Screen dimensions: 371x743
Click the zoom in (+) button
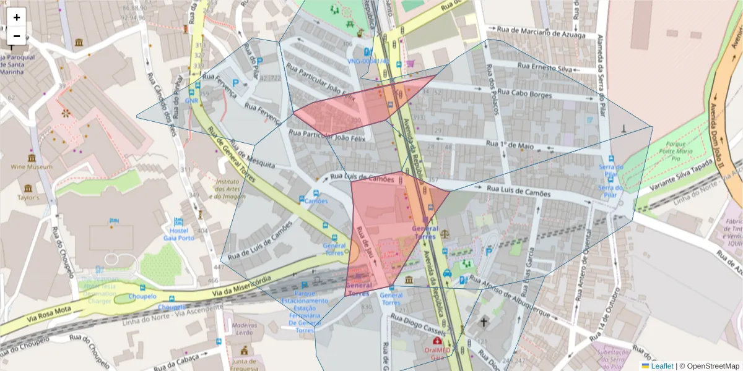[17, 17]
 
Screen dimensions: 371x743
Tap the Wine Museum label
[31, 167]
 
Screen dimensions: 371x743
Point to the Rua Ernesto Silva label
[545, 66]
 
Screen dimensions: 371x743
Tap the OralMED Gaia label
[438, 353]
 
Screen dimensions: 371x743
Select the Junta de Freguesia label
[245, 365]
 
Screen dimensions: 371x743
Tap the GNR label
[191, 100]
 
